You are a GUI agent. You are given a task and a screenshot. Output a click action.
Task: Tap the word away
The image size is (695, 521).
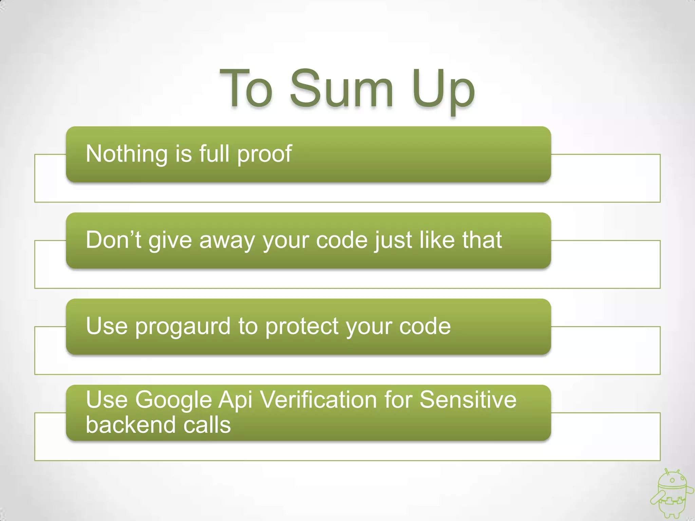pos(227,241)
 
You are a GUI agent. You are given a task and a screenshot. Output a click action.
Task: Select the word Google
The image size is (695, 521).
pos(173,400)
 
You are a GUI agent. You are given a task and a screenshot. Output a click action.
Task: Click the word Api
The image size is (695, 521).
pos(235,400)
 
